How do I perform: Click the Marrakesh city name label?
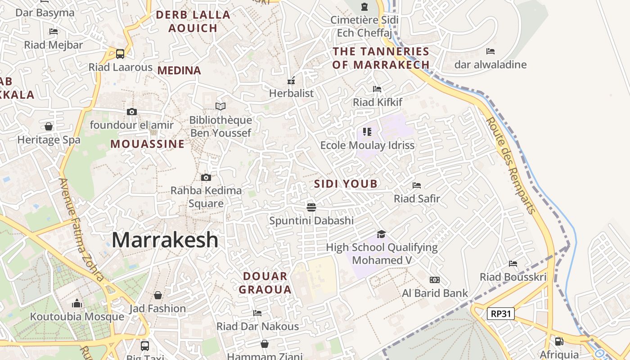[165, 240]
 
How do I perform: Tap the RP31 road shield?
[501, 313]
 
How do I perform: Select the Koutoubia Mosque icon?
[77, 303]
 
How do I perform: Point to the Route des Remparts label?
[512, 165]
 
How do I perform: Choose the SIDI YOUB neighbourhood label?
[346, 184]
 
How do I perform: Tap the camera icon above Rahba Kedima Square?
[206, 177]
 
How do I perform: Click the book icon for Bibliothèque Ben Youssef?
[220, 107]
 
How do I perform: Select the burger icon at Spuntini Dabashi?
[311, 207]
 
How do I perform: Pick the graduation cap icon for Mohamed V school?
[381, 234]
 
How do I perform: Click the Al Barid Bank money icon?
[435, 280]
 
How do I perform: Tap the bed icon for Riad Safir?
[417, 185]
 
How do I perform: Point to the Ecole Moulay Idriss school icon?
[367, 132]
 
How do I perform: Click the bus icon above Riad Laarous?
[120, 54]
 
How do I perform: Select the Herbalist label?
[291, 93]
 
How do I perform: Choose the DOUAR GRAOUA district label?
[265, 283]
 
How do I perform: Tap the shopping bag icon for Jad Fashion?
[157, 295]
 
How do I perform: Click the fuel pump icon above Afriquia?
[559, 342]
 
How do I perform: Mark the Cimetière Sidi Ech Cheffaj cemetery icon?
[364, 7]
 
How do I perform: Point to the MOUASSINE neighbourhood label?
[148, 144]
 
